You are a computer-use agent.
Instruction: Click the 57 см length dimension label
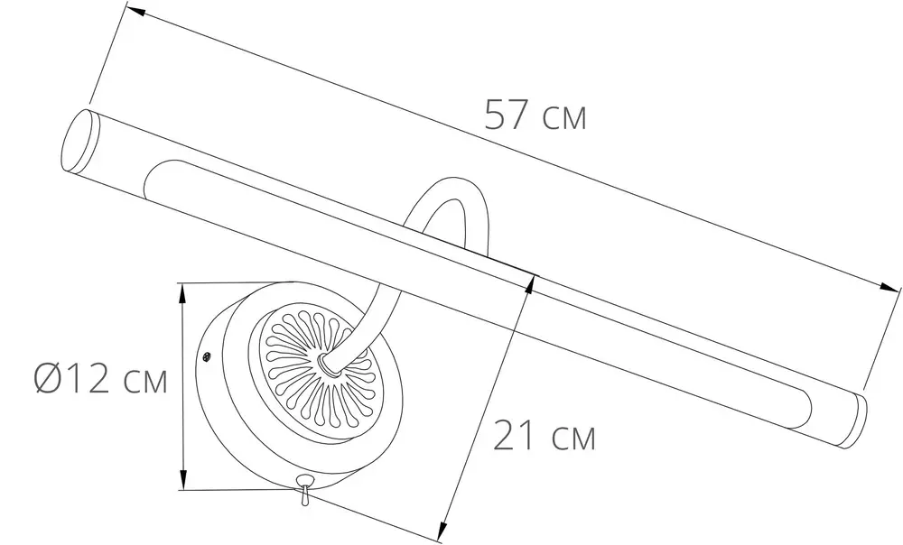(x=535, y=115)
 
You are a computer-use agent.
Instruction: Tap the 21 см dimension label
(x=545, y=435)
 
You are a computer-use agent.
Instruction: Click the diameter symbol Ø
(x=48, y=379)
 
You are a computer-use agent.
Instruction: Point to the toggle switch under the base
(x=303, y=488)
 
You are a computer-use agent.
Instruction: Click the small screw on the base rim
(x=206, y=358)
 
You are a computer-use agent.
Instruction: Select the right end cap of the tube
(x=858, y=420)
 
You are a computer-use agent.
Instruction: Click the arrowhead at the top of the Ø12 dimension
(x=182, y=293)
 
